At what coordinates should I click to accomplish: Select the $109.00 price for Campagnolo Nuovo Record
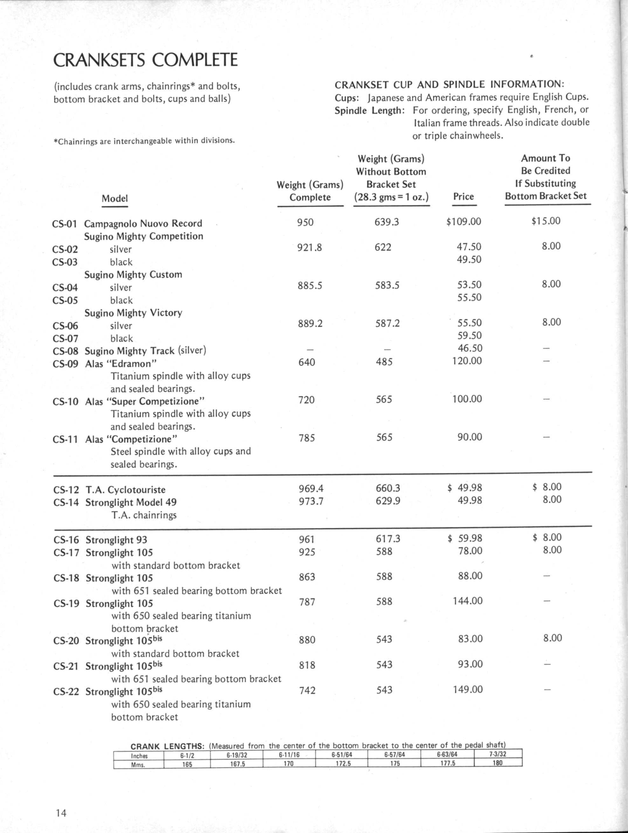point(463,221)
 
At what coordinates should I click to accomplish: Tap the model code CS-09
point(65,364)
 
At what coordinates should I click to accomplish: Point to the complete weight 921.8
point(309,247)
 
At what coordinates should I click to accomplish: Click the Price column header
point(463,197)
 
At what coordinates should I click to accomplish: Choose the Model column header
point(114,199)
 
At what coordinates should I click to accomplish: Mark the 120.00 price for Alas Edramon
point(467,361)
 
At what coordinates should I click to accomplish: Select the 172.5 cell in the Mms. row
point(343,764)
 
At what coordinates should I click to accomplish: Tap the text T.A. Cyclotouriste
point(125,490)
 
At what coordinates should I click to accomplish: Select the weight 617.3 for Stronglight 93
point(388,539)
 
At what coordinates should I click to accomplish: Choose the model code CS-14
point(66,502)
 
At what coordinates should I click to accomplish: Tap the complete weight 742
point(307,690)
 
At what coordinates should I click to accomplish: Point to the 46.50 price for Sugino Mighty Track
point(470,348)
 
